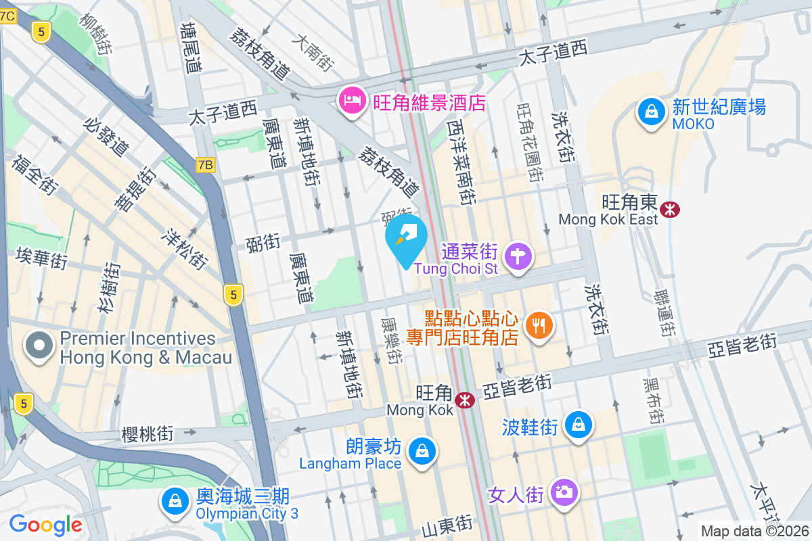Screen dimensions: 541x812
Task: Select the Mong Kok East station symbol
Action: pyautogui.click(x=671, y=210)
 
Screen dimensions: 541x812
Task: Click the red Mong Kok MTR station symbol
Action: pyautogui.click(x=465, y=400)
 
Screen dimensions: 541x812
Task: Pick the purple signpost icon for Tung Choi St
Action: pyautogui.click(x=519, y=256)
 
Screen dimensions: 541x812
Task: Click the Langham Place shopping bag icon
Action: pyautogui.click(x=422, y=450)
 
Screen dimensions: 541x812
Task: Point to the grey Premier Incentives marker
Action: pyautogui.click(x=40, y=346)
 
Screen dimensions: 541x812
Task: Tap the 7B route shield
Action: pyautogui.click(x=206, y=164)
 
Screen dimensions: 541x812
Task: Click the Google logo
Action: pyautogui.click(x=45, y=524)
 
